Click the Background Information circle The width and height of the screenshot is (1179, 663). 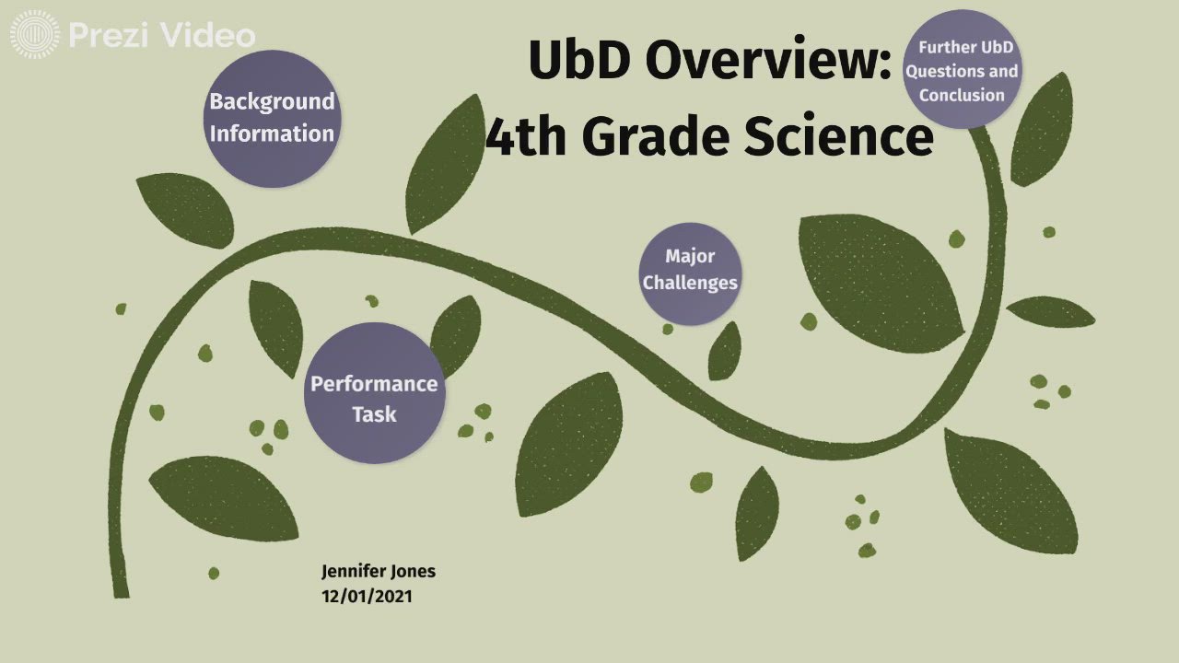pyautogui.click(x=272, y=118)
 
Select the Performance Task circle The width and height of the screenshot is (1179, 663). pyautogui.click(x=374, y=393)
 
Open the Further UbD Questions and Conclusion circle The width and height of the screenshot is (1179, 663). pyautogui.click(x=962, y=70)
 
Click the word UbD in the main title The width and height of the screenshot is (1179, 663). pyautogui.click(x=579, y=61)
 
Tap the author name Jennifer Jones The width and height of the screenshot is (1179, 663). pyautogui.click(x=378, y=571)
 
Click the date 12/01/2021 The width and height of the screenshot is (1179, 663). pyautogui.click(x=367, y=596)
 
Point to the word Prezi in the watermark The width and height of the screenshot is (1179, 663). pyautogui.click(x=110, y=36)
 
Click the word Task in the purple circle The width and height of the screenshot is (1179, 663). pyautogui.click(x=374, y=414)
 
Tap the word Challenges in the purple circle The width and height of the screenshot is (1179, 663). pyautogui.click(x=690, y=283)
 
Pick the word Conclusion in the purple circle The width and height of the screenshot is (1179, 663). pyautogui.click(x=962, y=95)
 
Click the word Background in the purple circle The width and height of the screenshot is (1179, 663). pyautogui.click(x=272, y=101)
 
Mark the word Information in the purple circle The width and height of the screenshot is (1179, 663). pyautogui.click(x=272, y=134)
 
